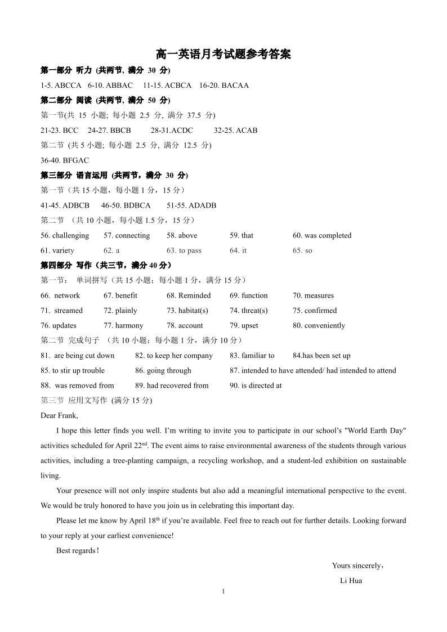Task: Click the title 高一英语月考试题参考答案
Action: click(223, 55)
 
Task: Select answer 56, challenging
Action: click(65, 236)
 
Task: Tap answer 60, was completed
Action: click(321, 236)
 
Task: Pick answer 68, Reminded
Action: click(189, 295)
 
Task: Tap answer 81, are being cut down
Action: click(78, 356)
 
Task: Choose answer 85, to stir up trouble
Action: click(73, 371)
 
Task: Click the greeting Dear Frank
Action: click(59, 416)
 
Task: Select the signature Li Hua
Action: click(351, 581)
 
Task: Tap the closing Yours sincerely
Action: click(358, 566)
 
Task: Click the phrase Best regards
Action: click(78, 551)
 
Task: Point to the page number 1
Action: click(223, 591)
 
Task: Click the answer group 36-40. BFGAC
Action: click(65, 160)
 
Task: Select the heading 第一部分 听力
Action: click(66, 70)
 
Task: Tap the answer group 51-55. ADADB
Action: click(191, 205)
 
